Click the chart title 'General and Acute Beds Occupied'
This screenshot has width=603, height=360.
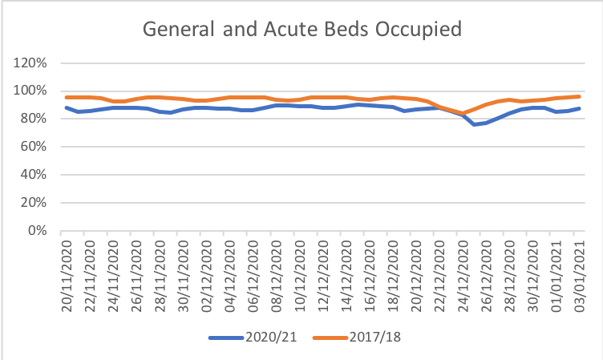(x=301, y=30)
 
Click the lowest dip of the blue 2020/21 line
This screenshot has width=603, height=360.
(x=474, y=124)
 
